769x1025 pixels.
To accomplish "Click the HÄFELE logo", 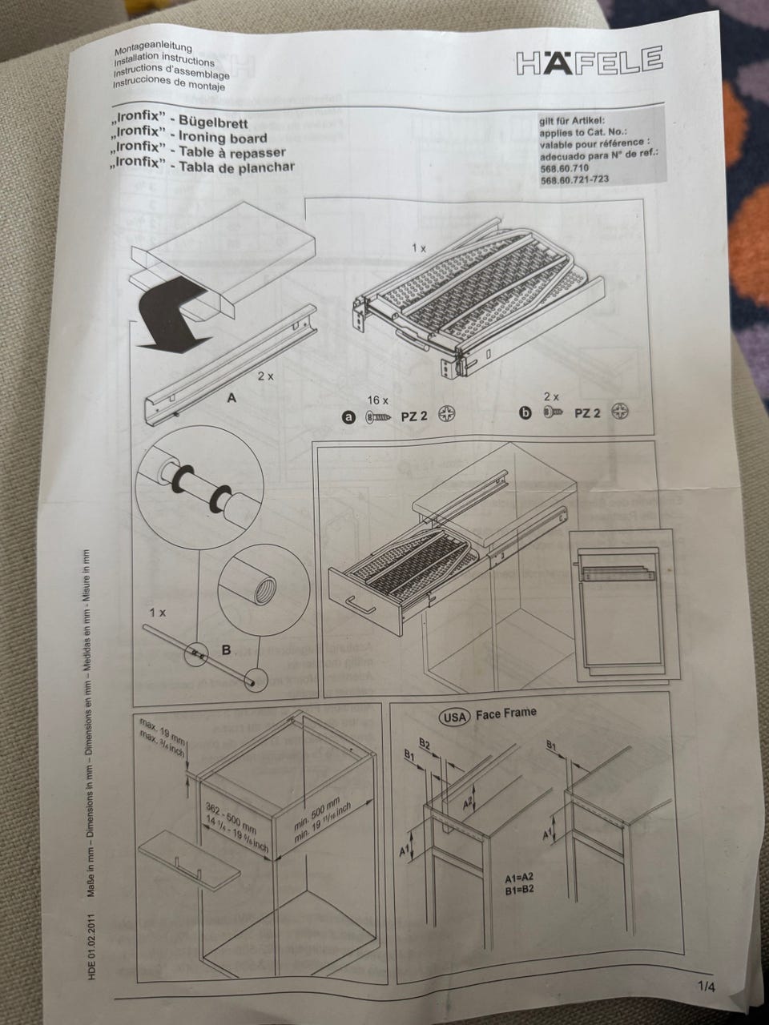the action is pos(590,61).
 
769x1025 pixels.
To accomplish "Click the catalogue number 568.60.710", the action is pos(565,168).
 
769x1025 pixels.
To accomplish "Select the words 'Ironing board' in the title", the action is pos(223,137).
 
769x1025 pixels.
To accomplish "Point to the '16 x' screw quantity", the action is pos(377,400).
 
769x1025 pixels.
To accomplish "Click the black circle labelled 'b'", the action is pos(525,412).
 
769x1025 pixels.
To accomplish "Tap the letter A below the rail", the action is pos(232,398).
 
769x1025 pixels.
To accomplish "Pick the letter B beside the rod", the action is pos(226,649).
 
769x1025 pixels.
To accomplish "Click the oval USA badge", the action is pos(454,717).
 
